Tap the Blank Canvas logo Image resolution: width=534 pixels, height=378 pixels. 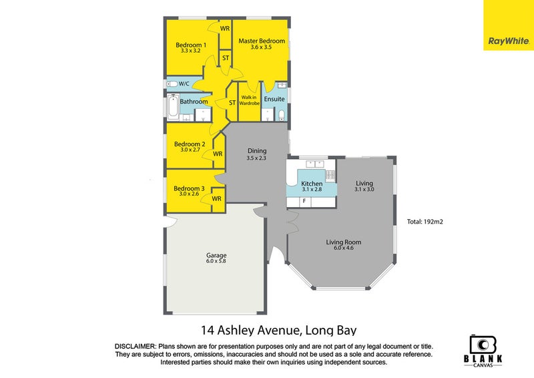click(x=483, y=351)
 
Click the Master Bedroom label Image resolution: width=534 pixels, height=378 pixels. click(x=262, y=41)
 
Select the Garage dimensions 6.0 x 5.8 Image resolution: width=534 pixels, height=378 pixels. click(x=216, y=261)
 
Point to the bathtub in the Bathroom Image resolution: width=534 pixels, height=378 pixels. click(x=173, y=107)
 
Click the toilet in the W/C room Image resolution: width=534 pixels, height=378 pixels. click(x=172, y=84)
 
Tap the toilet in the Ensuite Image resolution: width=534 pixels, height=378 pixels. click(x=282, y=115)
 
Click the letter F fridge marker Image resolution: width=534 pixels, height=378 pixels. click(x=304, y=201)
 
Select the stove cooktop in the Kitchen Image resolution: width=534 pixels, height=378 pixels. click(x=330, y=175)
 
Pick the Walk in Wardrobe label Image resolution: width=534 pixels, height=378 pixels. click(x=249, y=100)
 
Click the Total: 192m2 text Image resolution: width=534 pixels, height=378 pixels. click(x=425, y=222)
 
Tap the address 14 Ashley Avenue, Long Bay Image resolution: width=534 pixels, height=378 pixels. click(x=278, y=330)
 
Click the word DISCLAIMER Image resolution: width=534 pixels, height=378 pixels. click(x=136, y=347)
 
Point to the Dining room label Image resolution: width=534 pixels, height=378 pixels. click(x=257, y=151)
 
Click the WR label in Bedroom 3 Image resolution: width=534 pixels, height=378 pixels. click(x=216, y=198)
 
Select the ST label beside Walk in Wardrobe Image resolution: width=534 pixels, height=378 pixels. click(x=232, y=102)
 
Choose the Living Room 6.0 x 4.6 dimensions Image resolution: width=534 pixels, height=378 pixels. click(x=344, y=248)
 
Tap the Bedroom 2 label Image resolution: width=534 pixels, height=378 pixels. click(x=190, y=144)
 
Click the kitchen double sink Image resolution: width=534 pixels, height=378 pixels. click(x=315, y=164)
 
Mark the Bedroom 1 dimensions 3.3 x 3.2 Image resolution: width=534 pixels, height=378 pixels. click(x=191, y=51)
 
